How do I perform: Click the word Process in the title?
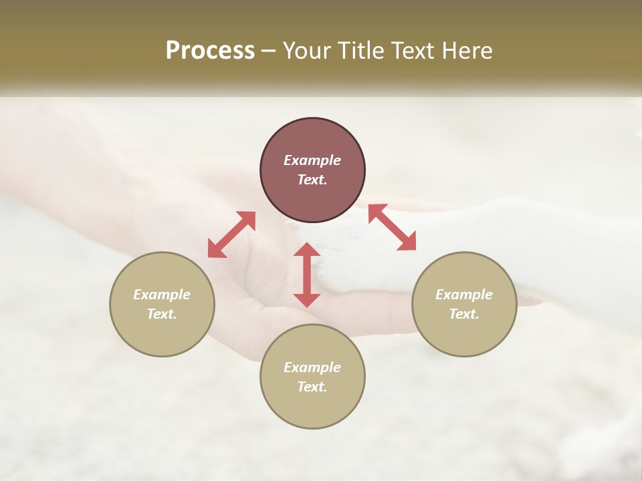(210, 51)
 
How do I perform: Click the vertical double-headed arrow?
(307, 275)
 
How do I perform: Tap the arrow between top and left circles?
(231, 235)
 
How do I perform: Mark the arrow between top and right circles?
(392, 227)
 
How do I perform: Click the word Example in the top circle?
(312, 160)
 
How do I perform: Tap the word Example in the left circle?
(162, 295)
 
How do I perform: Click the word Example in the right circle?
(464, 295)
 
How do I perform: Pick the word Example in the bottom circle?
(312, 367)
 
